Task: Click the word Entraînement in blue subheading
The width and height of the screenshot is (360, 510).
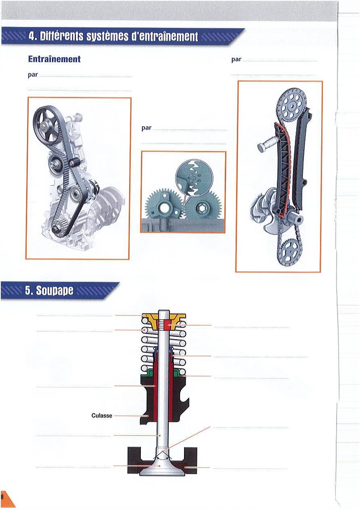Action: [54, 59]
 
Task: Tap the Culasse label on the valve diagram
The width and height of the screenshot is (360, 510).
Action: [102, 416]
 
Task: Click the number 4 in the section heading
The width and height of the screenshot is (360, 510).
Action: [31, 36]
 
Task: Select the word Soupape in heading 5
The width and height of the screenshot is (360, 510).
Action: [55, 290]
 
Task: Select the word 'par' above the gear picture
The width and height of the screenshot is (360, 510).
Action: [147, 128]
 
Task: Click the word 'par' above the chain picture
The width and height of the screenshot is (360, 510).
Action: [236, 60]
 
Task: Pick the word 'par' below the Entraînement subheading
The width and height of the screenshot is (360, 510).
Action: [33, 75]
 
